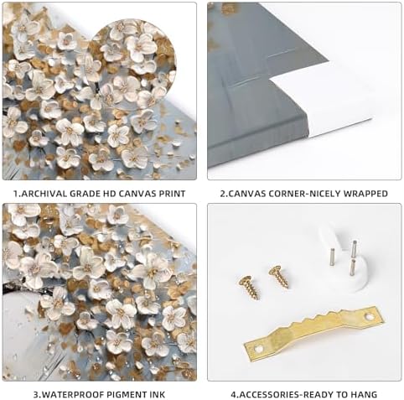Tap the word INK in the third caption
(x=157, y=395)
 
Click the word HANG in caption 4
(x=364, y=395)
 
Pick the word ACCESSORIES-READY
(x=287, y=395)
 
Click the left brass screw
(x=250, y=288)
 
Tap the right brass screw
(x=279, y=277)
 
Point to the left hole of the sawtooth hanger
(x=258, y=349)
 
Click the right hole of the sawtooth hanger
(x=370, y=317)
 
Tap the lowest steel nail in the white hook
(x=353, y=267)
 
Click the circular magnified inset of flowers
(x=132, y=65)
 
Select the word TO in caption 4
(x=342, y=395)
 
